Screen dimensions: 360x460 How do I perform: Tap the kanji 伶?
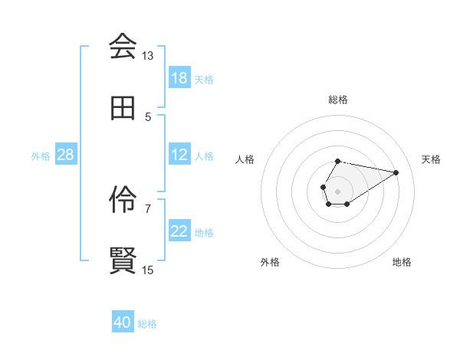[123, 200]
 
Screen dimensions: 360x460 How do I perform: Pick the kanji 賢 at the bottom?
[123, 261]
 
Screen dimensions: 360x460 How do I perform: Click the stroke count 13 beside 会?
[148, 56]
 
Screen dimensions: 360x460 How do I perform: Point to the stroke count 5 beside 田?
[148, 117]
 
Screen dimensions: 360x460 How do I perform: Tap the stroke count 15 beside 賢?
[148, 270]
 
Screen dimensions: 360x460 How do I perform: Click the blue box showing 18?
[179, 78]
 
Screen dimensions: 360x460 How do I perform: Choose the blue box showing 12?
[179, 155]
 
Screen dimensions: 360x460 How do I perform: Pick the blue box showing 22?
[179, 231]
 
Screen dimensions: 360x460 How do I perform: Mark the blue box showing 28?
[66, 155]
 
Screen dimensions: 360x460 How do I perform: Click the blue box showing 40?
[123, 323]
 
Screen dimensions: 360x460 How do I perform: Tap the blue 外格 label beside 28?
[41, 156]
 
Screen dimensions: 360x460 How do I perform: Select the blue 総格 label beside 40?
[147, 324]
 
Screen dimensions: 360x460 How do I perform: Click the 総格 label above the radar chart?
[338, 100]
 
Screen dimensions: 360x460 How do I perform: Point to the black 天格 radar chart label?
[431, 159]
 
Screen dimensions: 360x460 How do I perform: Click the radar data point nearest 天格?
[396, 172]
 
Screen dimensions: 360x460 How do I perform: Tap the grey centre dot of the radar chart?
[337, 190]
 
